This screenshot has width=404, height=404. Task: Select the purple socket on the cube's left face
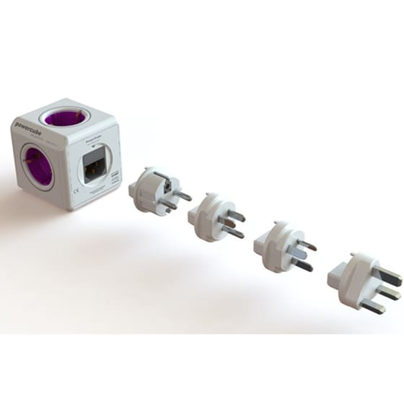[37, 167]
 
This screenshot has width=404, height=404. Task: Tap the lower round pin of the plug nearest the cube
[170, 206]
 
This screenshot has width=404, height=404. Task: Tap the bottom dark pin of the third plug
[303, 265]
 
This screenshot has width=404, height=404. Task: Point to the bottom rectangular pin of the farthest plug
[373, 306]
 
